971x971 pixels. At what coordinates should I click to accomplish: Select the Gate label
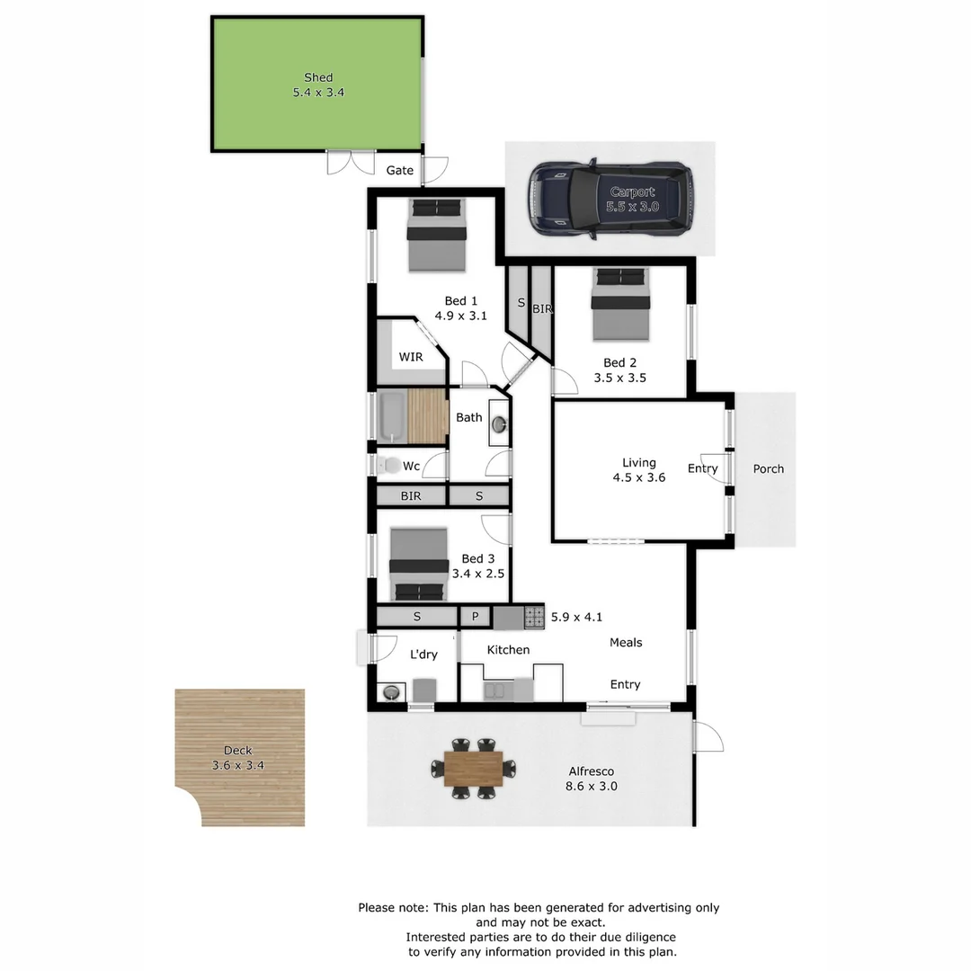[x=400, y=170]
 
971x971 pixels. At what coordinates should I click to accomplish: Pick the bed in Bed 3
[x=419, y=565]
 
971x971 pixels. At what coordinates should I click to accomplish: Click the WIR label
[x=411, y=357]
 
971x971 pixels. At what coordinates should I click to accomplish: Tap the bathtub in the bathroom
[x=392, y=417]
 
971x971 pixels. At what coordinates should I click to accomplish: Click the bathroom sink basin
[x=500, y=423]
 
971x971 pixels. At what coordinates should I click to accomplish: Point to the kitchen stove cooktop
[x=534, y=617]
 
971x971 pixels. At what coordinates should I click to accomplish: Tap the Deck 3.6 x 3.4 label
[x=238, y=758]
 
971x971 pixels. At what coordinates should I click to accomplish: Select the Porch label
[x=768, y=468]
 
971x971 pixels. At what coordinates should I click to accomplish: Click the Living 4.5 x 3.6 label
[x=638, y=470]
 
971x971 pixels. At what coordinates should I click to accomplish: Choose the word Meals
[x=626, y=642]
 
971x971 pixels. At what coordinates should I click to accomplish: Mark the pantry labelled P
[x=475, y=617]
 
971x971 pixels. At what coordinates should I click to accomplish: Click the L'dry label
[x=423, y=655]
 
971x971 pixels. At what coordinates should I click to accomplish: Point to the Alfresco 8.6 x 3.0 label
[x=591, y=779]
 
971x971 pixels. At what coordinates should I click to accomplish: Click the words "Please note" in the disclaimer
[x=393, y=908]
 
